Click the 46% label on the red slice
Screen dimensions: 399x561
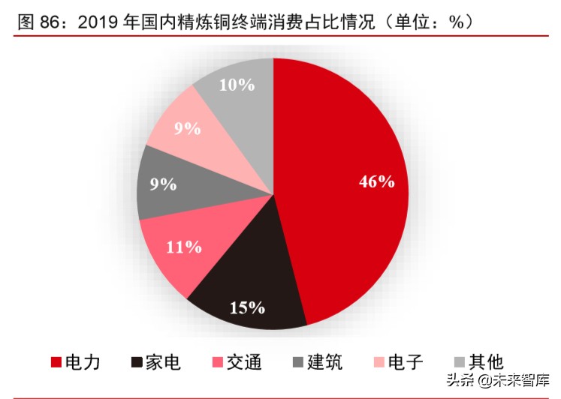click(x=376, y=181)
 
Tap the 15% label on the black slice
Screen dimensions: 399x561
click(x=247, y=307)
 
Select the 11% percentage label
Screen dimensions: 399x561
click(x=183, y=247)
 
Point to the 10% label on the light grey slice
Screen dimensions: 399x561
click(x=237, y=84)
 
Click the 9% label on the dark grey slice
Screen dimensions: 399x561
click(x=163, y=184)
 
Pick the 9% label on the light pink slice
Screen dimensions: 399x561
click(x=187, y=128)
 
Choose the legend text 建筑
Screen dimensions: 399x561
click(x=326, y=362)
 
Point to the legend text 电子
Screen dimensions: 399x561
click(x=406, y=362)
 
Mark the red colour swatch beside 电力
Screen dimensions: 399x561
click(x=56, y=363)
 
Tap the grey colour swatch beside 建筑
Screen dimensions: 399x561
click(x=298, y=363)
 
